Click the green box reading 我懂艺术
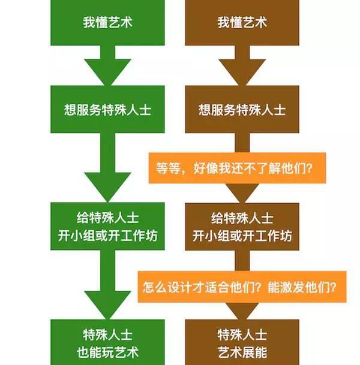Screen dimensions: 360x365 click(107, 23)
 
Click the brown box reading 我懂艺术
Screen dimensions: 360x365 click(242, 23)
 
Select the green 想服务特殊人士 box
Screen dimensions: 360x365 click(107, 109)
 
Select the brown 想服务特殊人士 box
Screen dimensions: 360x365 click(242, 109)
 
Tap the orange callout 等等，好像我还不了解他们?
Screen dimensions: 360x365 click(237, 168)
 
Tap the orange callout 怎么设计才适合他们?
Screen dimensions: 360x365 click(242, 286)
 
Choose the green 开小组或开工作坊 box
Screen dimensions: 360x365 click(107, 227)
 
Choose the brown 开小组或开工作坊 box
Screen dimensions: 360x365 click(242, 227)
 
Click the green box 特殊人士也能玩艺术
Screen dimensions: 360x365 click(107, 342)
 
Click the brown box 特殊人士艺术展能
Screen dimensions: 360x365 click(242, 342)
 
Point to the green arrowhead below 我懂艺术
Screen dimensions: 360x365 click(107, 72)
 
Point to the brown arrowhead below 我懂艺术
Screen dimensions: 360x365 click(242, 72)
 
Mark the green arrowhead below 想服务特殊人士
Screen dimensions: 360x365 click(107, 187)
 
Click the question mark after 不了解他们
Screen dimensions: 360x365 click(309, 168)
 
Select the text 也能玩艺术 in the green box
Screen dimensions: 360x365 click(107, 352)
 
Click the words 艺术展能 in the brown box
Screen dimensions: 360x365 click(242, 352)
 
